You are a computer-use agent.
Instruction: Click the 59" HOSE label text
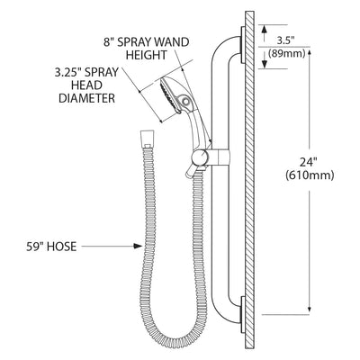51,247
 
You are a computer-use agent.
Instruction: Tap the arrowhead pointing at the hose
138,247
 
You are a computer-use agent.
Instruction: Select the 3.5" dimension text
283,40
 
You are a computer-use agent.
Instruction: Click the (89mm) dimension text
286,54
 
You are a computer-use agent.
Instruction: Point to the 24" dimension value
309,162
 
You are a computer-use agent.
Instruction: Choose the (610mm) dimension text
310,175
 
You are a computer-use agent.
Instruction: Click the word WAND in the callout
173,42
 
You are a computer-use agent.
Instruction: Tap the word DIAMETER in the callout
86,98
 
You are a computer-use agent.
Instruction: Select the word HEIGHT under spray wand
146,55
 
